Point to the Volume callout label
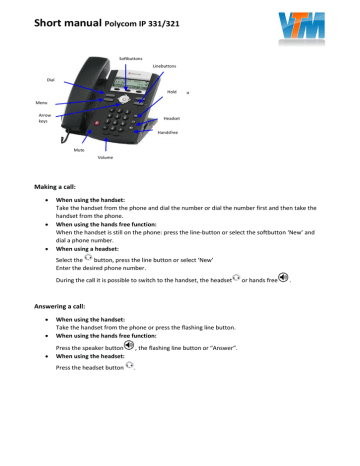click(x=105, y=158)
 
